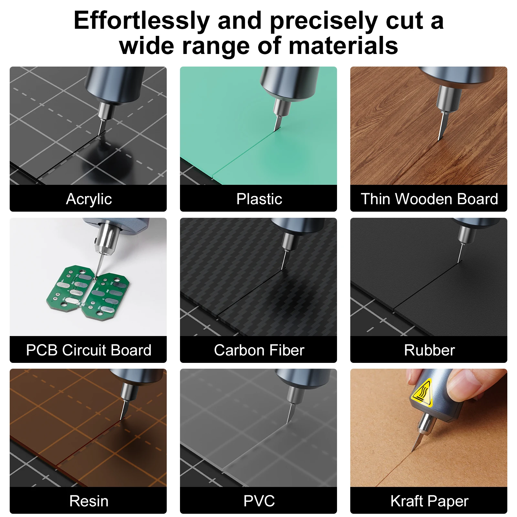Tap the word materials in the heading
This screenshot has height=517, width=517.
point(343,46)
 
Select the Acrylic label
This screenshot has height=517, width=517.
point(89,199)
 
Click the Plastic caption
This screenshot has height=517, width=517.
point(259,199)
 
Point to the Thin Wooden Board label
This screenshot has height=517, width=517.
point(429,199)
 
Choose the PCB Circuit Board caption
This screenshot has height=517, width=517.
point(89,350)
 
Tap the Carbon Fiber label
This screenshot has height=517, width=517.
point(259,350)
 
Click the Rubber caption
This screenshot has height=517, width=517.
point(429,350)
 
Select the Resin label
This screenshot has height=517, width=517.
point(89,501)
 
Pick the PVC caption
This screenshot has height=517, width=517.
point(259,501)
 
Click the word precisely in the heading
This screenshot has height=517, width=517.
point(324,21)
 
